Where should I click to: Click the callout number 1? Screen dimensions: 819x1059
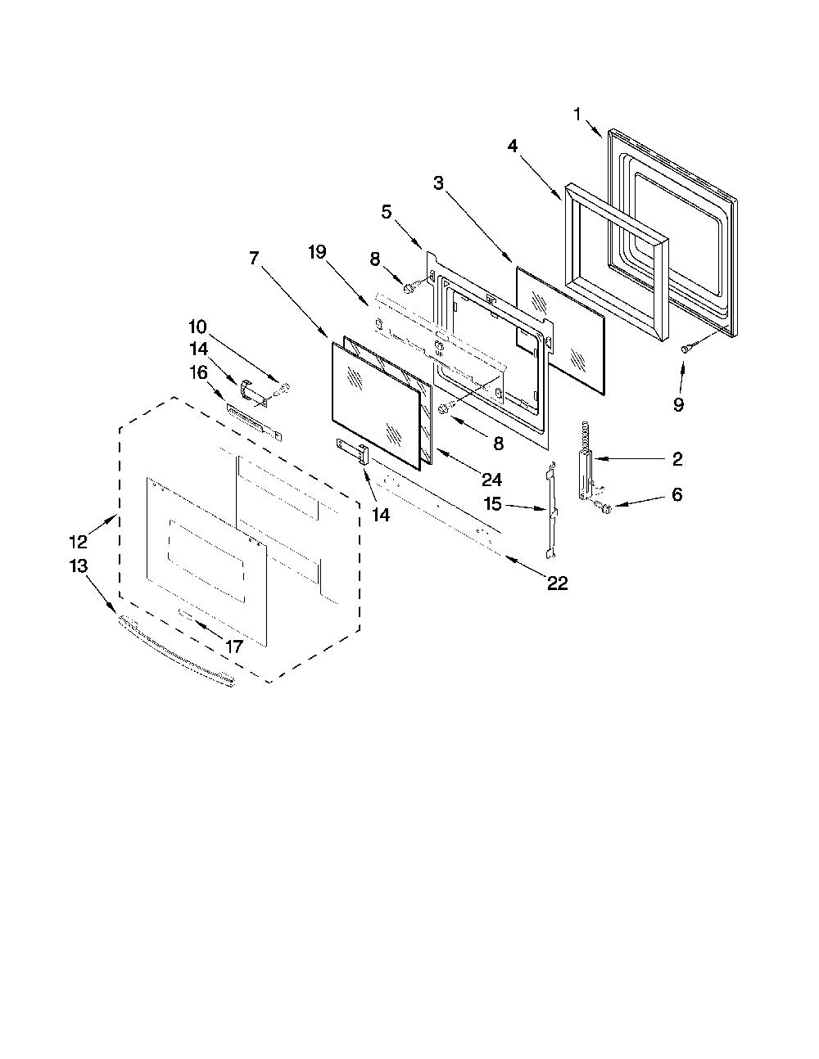coord(577,115)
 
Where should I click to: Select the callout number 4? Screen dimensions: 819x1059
coord(513,146)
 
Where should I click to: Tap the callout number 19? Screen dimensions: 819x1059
coord(317,252)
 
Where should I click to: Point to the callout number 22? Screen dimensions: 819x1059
coord(558,583)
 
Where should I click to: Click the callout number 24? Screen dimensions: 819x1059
coord(491,480)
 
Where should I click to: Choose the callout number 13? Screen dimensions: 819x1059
coord(79,566)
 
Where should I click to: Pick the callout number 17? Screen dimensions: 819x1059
coord(234,647)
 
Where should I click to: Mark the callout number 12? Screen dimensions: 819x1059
coord(79,542)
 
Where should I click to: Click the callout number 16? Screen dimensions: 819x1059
coord(198,373)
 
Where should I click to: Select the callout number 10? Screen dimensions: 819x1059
coord(197,326)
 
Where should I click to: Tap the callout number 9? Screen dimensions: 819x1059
coord(679,404)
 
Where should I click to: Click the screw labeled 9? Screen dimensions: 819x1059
coord(687,348)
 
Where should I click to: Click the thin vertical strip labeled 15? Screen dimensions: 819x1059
coord(551,510)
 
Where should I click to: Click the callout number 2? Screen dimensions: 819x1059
coord(677,459)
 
